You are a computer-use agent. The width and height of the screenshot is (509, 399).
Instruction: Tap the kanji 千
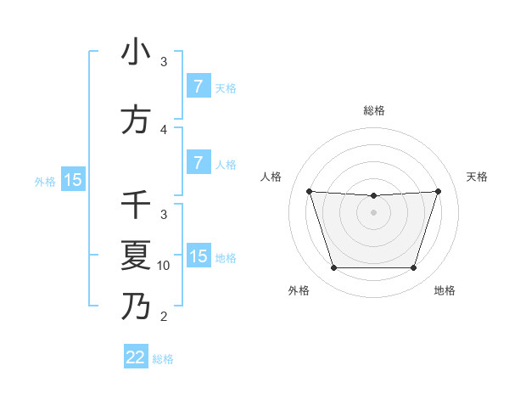tap(136, 205)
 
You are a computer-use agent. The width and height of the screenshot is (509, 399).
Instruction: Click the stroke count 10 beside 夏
tap(164, 266)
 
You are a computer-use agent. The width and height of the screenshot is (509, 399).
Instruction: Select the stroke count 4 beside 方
tap(164, 129)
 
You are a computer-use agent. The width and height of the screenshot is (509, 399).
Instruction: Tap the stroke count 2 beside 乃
tap(164, 317)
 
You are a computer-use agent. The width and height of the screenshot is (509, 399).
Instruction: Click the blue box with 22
tap(136, 357)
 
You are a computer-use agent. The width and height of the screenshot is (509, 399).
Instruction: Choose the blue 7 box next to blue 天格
tap(198, 86)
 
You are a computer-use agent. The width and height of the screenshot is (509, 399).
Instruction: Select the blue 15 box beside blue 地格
tap(198, 256)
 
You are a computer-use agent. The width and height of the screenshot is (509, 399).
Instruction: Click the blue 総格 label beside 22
tap(163, 359)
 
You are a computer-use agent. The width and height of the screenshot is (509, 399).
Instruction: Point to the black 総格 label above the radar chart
tap(373, 110)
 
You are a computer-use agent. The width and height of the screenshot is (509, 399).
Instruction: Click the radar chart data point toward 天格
tap(438, 191)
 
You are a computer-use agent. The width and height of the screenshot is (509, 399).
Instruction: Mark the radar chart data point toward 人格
tap(309, 191)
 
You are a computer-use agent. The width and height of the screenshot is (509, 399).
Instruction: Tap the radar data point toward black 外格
tap(333, 268)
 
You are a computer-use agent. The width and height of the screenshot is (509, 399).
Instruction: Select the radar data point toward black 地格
tap(413, 268)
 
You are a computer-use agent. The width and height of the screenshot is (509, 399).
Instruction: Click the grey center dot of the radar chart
tap(373, 212)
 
